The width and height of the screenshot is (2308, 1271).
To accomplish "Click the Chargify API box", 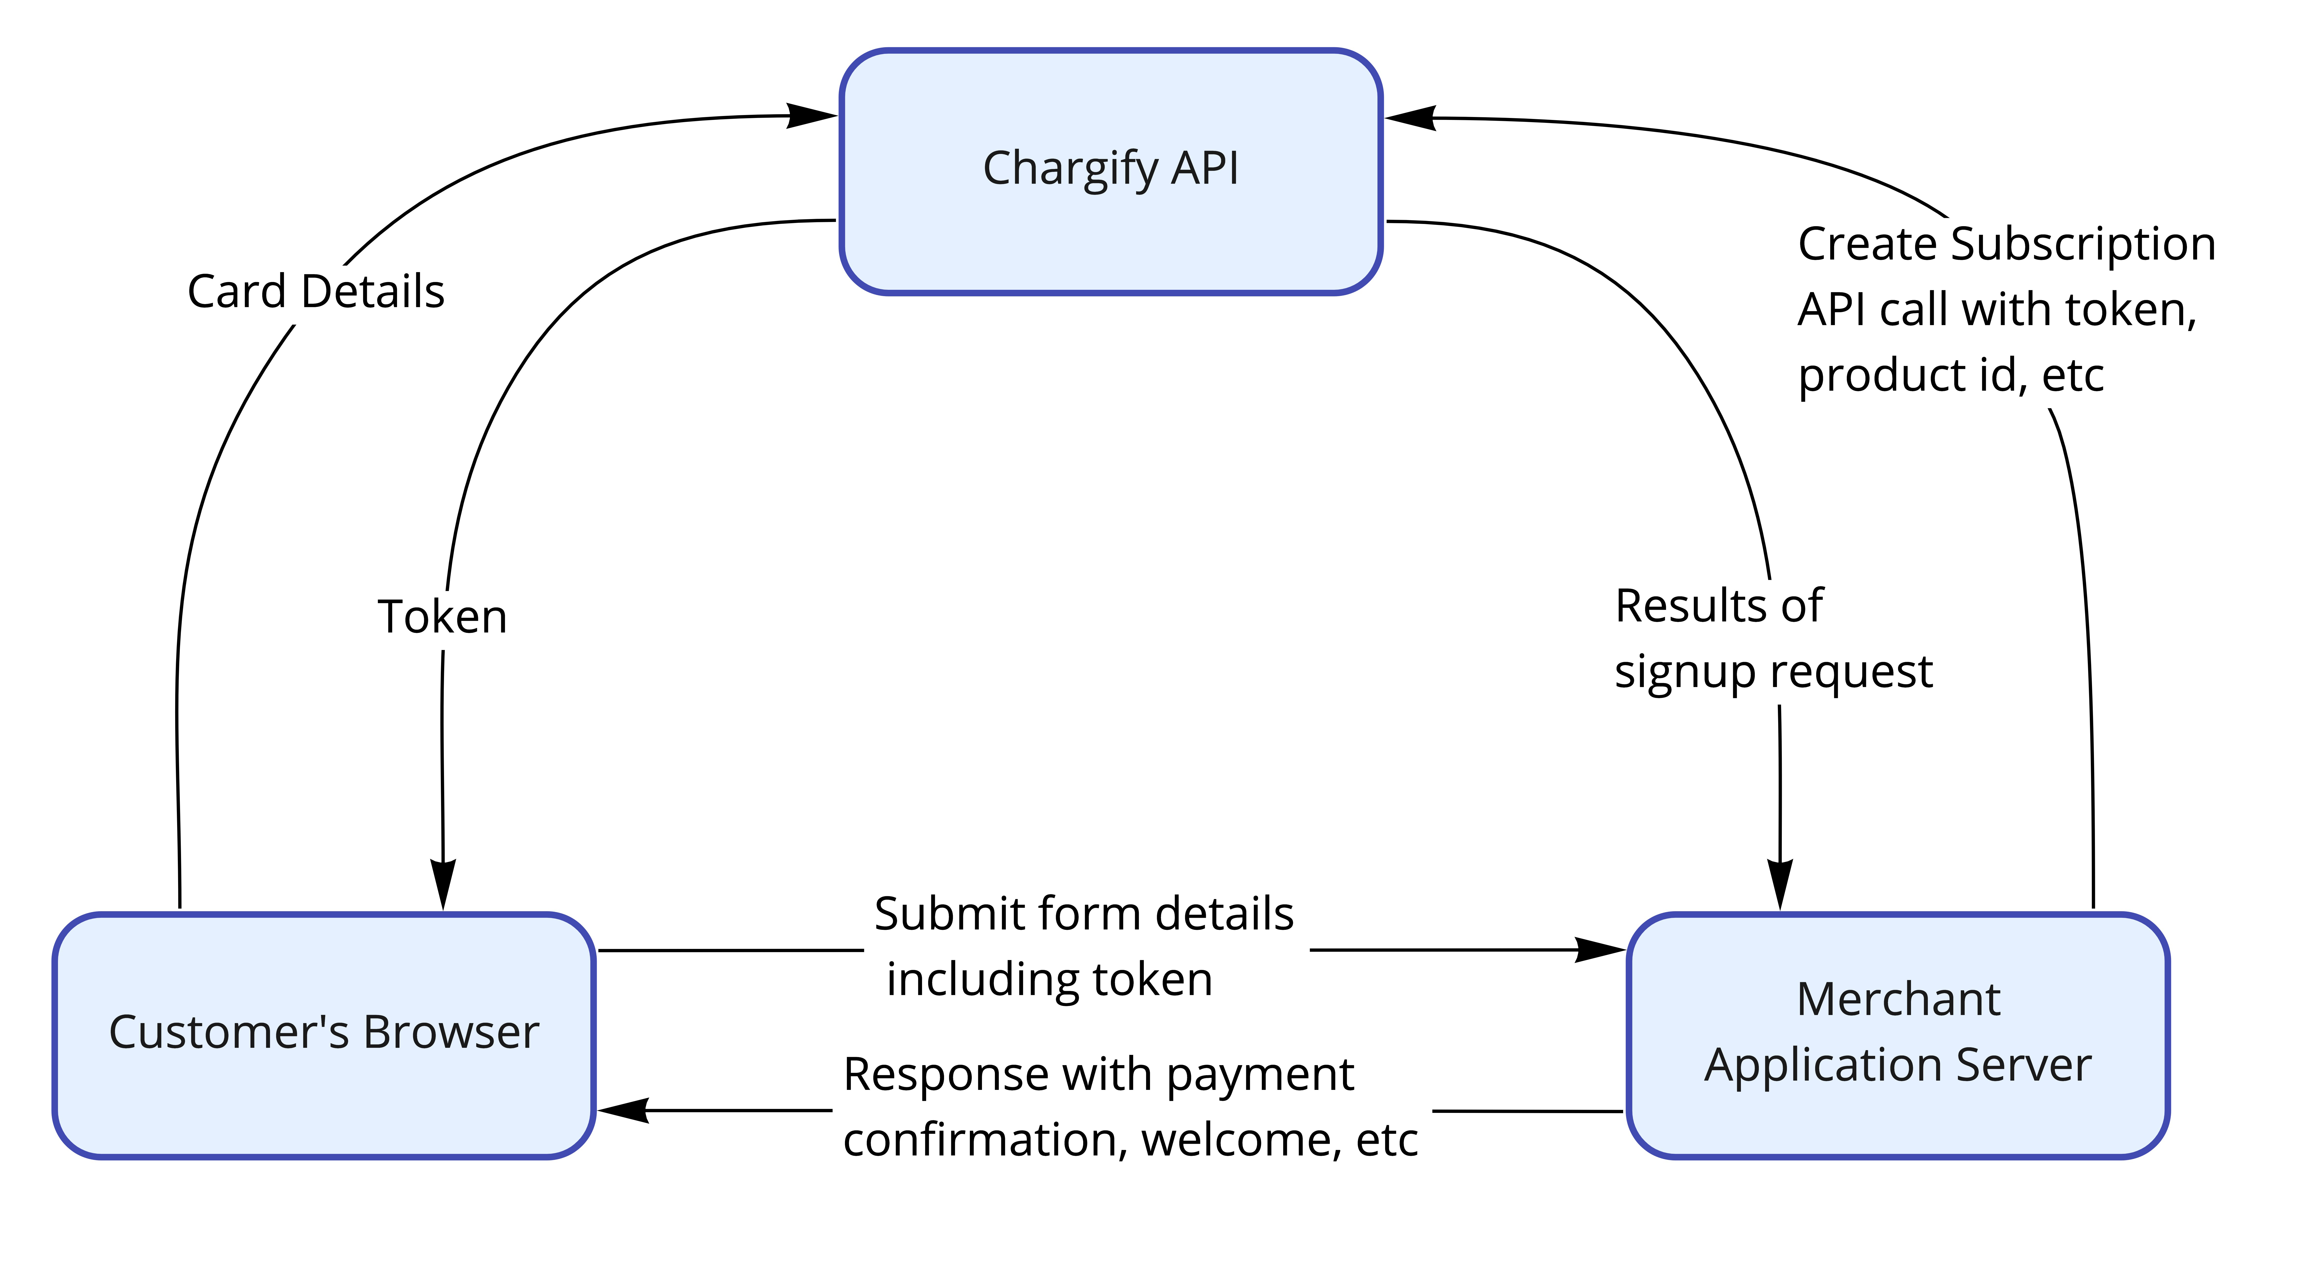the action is tap(1111, 171).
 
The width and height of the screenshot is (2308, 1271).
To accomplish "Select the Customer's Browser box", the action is tap(324, 1035).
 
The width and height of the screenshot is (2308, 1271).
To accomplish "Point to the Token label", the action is tap(443, 617).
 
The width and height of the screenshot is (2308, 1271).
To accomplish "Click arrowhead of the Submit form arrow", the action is tap(1600, 950).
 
